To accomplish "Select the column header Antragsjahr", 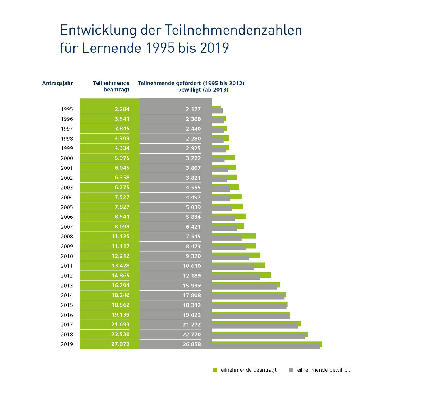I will [57, 83].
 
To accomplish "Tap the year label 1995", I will [67, 109].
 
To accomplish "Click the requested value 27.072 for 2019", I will [120, 344].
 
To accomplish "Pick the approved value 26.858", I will [192, 344].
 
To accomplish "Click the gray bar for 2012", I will [236, 277].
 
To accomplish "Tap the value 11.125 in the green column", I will [120, 236].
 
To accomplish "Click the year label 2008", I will [67, 237].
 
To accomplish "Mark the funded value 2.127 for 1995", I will [193, 109].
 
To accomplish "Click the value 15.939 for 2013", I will [192, 286].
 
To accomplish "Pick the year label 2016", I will [67, 315].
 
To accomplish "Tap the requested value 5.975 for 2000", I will [122, 158].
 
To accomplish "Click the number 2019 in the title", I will [214, 48].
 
